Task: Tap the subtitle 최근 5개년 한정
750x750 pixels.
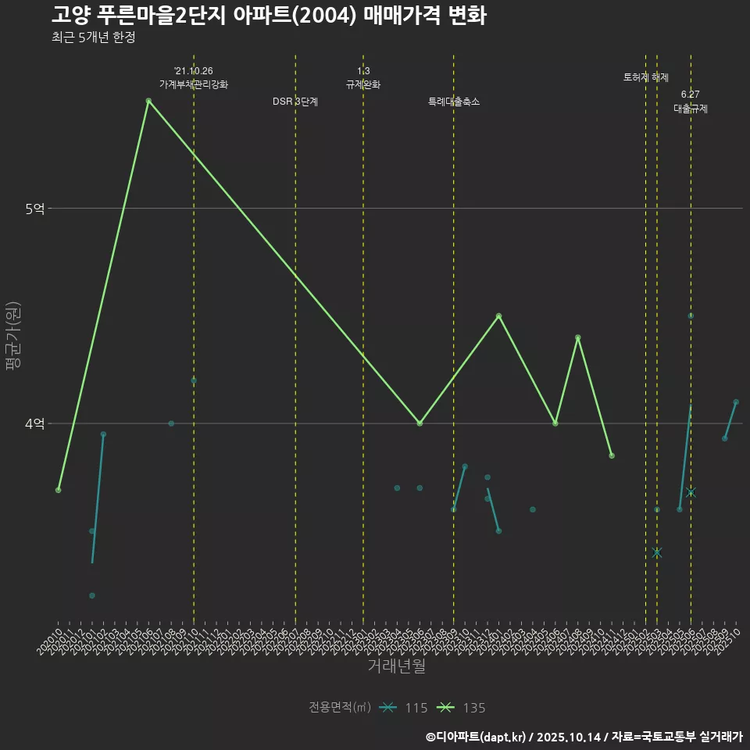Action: click(x=93, y=37)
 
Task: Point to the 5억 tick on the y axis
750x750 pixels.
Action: click(x=35, y=209)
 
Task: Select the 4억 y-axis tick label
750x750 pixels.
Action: click(x=35, y=423)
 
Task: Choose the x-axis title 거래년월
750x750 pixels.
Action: click(x=397, y=666)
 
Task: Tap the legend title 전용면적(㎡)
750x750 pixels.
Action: click(x=340, y=708)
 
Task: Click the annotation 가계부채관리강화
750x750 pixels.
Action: click(x=194, y=84)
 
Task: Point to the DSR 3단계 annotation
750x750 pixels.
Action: click(x=295, y=102)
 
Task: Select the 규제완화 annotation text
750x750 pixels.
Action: click(x=363, y=84)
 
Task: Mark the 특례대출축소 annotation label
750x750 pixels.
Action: click(x=454, y=102)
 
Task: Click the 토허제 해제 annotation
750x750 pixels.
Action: click(x=646, y=77)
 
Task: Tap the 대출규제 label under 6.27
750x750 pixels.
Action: click(x=691, y=109)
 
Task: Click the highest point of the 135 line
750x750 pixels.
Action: click(x=148, y=101)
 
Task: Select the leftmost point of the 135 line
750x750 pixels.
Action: click(x=59, y=490)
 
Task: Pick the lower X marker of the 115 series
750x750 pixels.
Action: click(x=657, y=552)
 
